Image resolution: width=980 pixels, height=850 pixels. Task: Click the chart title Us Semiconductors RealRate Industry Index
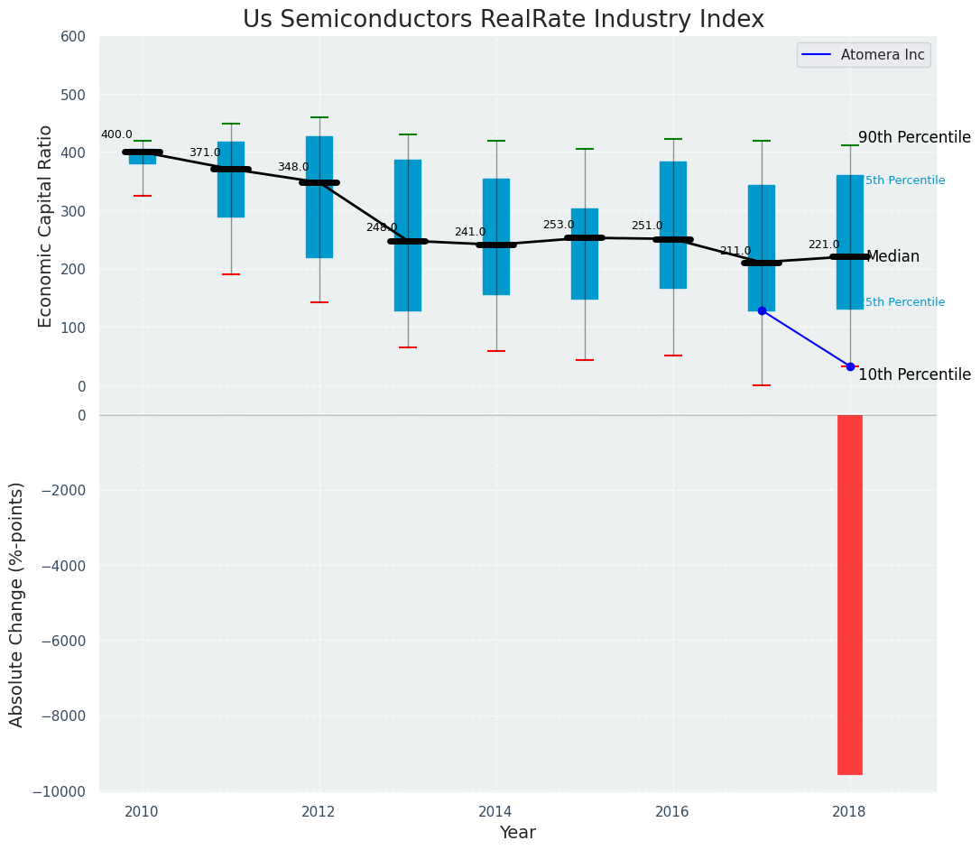click(503, 20)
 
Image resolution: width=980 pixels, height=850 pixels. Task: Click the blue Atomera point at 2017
click(762, 310)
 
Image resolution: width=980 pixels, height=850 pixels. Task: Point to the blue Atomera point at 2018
click(850, 366)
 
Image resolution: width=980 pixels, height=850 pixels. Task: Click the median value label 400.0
click(116, 134)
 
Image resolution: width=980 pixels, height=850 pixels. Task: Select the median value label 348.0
click(293, 167)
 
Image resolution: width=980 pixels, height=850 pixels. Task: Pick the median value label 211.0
click(735, 251)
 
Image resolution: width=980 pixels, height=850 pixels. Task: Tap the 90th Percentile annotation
click(914, 138)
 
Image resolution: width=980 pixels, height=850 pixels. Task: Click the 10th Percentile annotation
click(914, 375)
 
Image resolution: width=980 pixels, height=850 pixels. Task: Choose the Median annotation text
click(892, 257)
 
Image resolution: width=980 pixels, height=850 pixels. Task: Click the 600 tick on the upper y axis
click(73, 36)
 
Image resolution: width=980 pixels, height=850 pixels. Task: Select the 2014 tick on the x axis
click(495, 812)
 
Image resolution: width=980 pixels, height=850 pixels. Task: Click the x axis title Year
click(517, 833)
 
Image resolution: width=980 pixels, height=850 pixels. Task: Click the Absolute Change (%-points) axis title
click(17, 604)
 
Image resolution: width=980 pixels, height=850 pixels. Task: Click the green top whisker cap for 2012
click(319, 117)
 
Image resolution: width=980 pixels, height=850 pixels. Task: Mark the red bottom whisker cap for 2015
click(584, 360)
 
